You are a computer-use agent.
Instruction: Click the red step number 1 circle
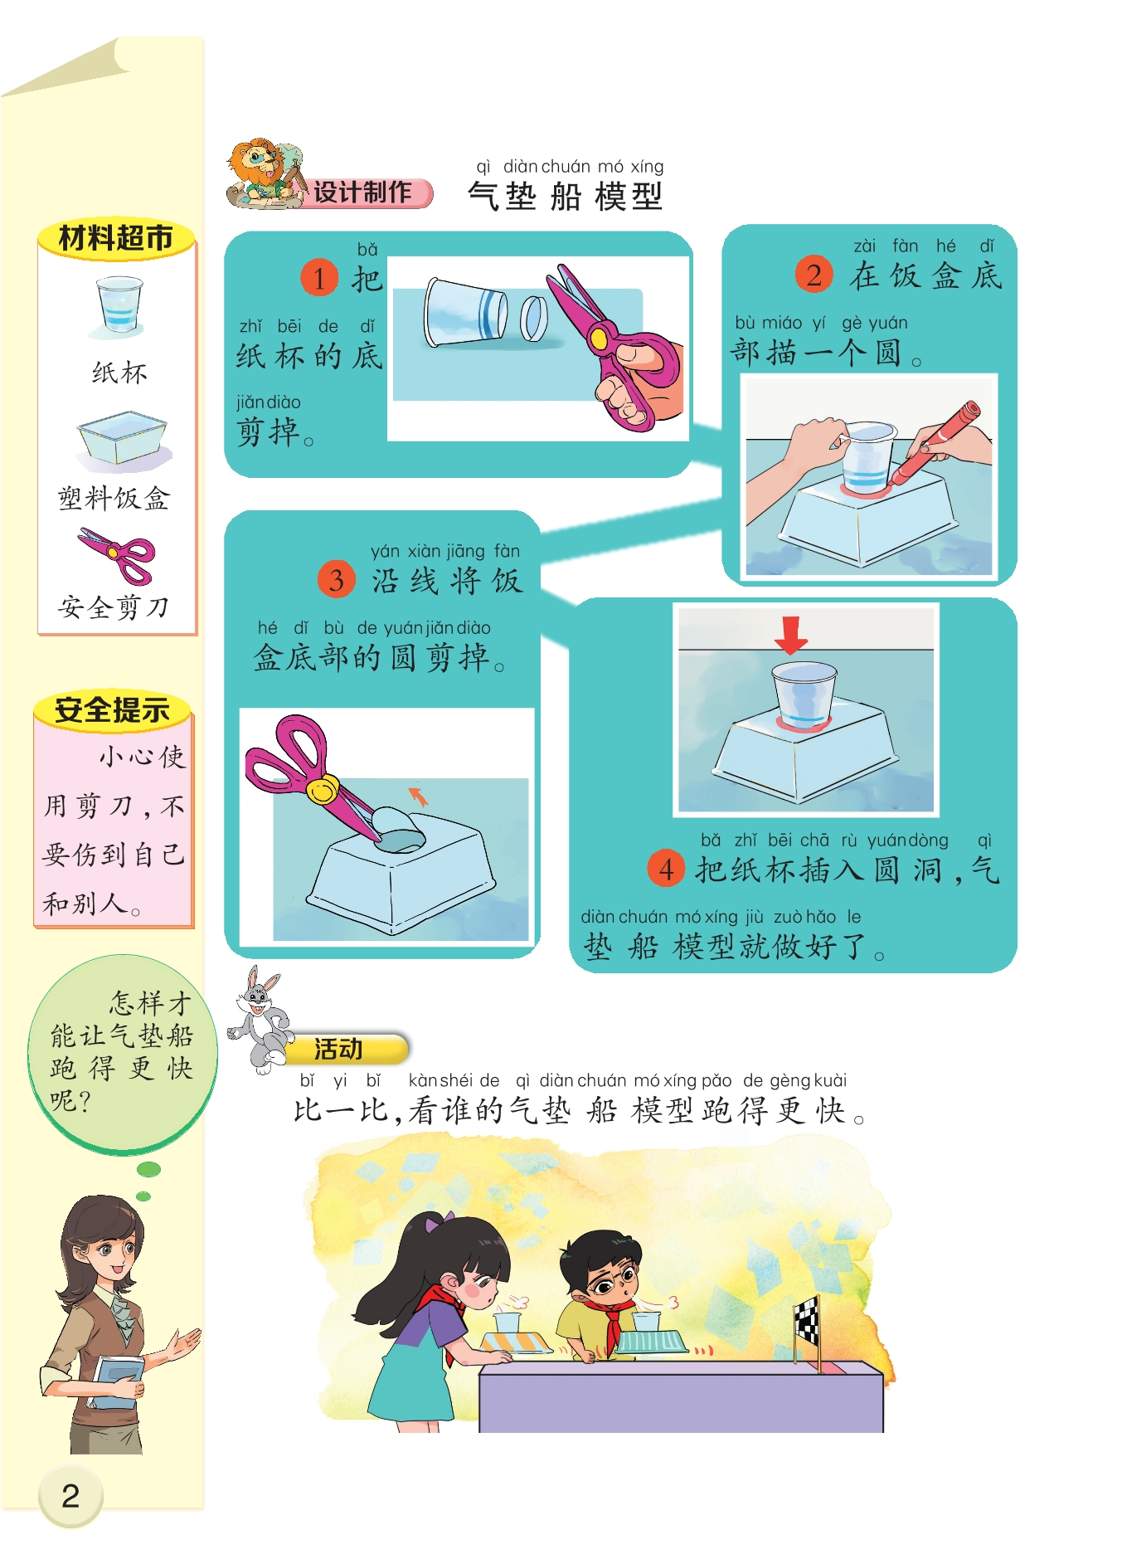[319, 277]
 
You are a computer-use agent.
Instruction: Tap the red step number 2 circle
[814, 274]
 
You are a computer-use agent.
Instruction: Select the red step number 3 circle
[336, 579]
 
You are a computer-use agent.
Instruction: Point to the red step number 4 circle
[666, 869]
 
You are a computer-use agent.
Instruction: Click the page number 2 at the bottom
[70, 1496]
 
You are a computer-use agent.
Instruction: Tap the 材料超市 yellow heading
[116, 239]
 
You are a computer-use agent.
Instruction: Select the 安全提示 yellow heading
[113, 710]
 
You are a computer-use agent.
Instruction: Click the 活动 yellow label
[344, 1049]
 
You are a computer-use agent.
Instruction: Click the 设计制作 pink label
[365, 192]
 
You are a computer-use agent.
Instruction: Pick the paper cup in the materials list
[119, 305]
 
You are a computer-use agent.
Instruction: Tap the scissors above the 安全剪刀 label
[117, 556]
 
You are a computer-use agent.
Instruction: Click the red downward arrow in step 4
[790, 636]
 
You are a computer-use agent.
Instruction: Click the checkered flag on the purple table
[807, 1321]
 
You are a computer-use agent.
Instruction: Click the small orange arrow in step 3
[419, 796]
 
